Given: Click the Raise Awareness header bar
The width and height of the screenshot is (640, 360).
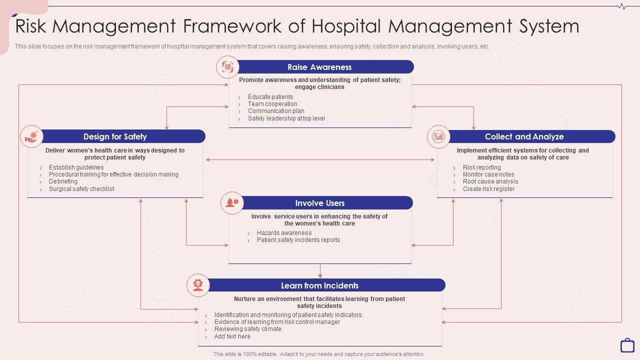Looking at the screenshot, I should (x=320, y=67).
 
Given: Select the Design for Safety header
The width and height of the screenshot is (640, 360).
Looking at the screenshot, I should (x=115, y=136).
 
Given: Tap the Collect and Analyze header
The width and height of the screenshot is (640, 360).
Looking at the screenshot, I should (x=524, y=136).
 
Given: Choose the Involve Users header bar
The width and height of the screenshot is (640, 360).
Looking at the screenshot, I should (x=320, y=203).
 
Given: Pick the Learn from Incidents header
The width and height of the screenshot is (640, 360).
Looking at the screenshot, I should (x=320, y=285).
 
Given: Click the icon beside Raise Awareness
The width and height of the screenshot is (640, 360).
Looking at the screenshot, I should (x=227, y=67).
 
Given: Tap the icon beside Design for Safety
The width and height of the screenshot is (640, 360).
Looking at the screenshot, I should (x=32, y=136).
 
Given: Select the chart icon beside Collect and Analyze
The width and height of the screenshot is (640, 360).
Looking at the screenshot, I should (x=438, y=136).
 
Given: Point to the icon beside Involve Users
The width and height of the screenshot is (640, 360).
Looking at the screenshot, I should (x=232, y=203).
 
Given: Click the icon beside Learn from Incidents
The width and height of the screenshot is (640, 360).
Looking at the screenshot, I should (x=198, y=285).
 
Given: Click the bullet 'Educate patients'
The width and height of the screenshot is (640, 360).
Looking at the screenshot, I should (x=270, y=97).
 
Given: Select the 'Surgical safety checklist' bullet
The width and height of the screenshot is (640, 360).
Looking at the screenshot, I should (x=81, y=189).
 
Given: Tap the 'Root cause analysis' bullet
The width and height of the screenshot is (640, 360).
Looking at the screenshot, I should (x=490, y=181).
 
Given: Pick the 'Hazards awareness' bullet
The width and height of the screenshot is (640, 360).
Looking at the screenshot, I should (x=284, y=233).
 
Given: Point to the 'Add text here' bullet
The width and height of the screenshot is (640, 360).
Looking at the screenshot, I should (x=232, y=336).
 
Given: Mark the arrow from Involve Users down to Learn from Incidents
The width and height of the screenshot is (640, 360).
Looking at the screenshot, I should (x=320, y=270).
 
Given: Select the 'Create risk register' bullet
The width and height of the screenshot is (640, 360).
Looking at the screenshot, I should (x=488, y=189).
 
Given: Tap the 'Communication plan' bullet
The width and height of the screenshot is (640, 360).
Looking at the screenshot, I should (x=276, y=111).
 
